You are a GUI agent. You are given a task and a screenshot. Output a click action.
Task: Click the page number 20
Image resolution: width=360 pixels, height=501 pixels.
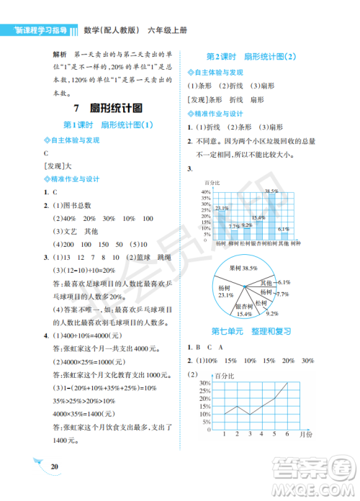(x=55, y=467)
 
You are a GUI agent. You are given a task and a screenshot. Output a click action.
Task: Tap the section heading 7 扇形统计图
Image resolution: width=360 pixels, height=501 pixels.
(x=107, y=107)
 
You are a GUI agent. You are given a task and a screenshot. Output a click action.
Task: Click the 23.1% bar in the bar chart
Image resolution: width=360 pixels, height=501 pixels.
(x=222, y=225)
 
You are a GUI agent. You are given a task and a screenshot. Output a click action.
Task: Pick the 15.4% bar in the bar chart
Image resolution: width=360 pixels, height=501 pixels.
(x=258, y=228)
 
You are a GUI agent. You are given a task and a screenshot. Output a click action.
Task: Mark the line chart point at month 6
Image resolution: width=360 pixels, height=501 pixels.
(x=287, y=382)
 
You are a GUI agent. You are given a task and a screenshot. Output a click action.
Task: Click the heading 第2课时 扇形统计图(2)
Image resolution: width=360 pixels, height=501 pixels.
(x=251, y=56)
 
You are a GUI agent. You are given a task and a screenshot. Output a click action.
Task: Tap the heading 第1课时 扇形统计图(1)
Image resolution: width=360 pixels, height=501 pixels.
(x=109, y=125)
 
